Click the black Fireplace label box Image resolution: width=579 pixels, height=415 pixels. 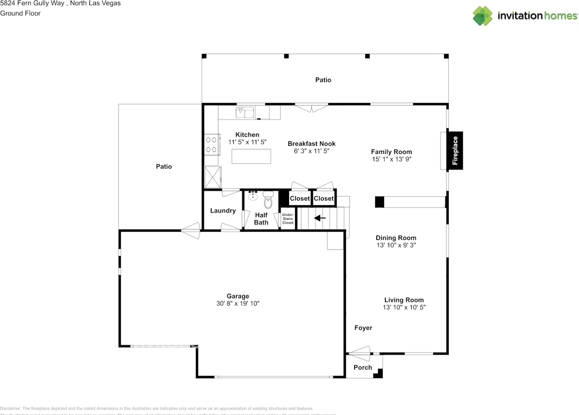coord(455,151)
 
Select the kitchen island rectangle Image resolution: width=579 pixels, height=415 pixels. coord(252,156)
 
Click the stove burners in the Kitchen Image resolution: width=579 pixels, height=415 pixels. coord(211,145)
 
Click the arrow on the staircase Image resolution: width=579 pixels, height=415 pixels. coord(320,218)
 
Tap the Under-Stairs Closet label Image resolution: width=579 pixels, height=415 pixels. coord(288,219)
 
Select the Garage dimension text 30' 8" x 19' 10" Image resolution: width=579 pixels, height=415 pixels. coord(237,304)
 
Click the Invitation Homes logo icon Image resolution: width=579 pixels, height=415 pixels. coord(483,16)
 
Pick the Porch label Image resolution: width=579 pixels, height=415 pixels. coord(363,368)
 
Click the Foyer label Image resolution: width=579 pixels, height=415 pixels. coord(363,328)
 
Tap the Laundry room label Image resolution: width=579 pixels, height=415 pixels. coord(223,211)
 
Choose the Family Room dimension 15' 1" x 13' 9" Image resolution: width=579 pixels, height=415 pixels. coord(391,159)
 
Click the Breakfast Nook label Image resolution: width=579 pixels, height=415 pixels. coord(312,144)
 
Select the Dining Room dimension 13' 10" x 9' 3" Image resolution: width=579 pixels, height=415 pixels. coord(396,245)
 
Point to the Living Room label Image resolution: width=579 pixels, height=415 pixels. coord(404,300)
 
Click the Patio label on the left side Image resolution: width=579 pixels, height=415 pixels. coord(164,166)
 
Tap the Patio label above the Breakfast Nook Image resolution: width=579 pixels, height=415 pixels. coord(323,80)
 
